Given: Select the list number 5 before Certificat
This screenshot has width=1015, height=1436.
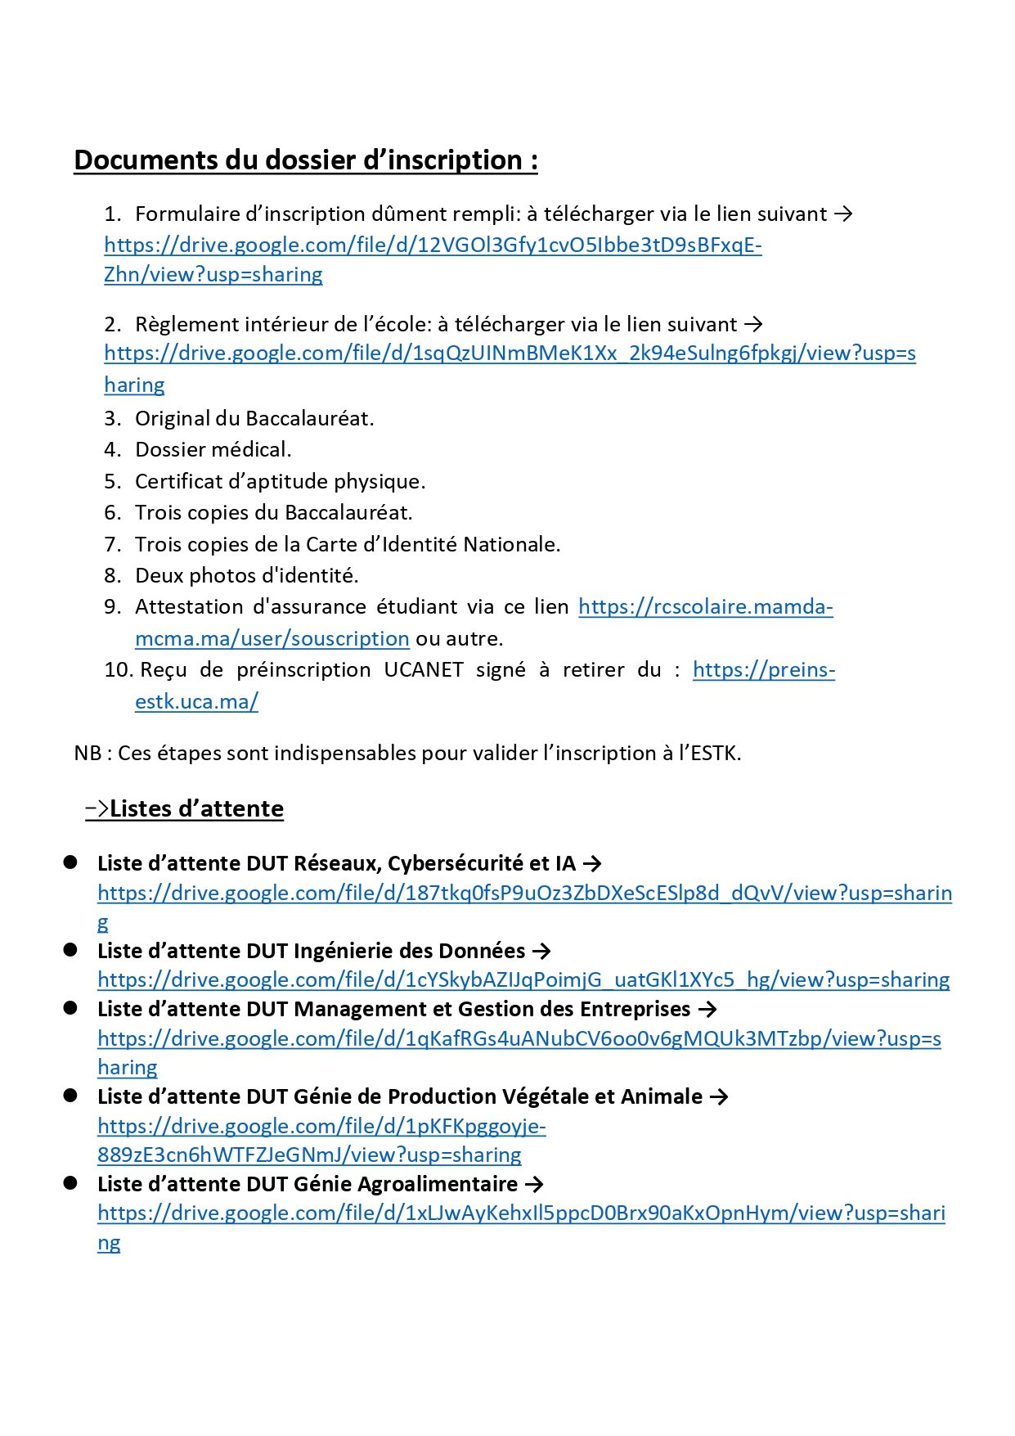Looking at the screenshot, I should [112, 481].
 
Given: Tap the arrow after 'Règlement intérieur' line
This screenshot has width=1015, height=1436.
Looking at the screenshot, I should [753, 324].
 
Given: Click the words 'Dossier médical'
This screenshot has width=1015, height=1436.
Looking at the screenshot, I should [213, 449].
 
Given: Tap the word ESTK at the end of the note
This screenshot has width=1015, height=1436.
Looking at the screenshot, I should [714, 753].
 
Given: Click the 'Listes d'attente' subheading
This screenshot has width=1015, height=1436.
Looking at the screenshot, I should [196, 808].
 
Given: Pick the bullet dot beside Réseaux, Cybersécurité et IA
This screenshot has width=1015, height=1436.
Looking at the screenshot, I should [70, 862].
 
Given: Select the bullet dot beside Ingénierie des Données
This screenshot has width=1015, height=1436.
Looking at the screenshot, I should [70, 950].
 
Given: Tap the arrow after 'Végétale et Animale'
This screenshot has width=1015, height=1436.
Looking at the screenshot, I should [719, 1096].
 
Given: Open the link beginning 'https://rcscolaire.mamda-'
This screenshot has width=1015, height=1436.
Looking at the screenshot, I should [705, 607].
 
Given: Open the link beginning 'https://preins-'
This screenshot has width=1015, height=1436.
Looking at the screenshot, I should [763, 670].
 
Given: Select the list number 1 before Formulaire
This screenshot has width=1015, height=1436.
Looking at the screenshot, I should [112, 214].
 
